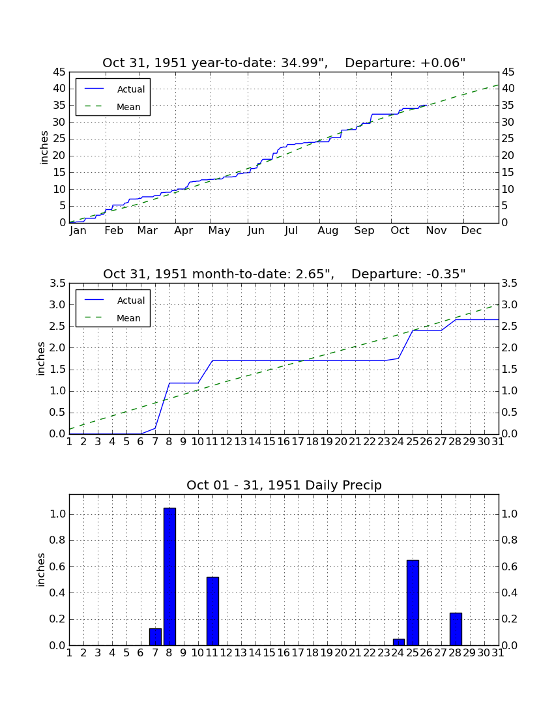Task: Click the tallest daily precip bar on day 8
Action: pos(169,577)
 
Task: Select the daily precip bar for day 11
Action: pos(212,611)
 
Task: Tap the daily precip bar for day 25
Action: pos(413,603)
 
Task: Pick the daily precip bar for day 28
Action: pos(456,629)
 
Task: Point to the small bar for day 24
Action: pos(399,642)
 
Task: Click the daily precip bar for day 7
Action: pos(155,637)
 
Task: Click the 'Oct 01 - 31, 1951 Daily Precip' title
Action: pos(284,485)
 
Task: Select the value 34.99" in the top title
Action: pos(300,63)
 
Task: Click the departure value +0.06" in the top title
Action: pos(443,63)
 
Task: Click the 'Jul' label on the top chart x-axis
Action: pos(291,231)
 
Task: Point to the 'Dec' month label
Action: pos(471,231)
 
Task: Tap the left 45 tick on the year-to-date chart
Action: pos(60,72)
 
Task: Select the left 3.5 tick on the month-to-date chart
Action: pos(57,284)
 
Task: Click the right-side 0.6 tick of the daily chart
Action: pos(509,566)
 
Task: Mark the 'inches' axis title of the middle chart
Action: pos(41,358)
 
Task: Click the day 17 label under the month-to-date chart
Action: pos(298,442)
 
